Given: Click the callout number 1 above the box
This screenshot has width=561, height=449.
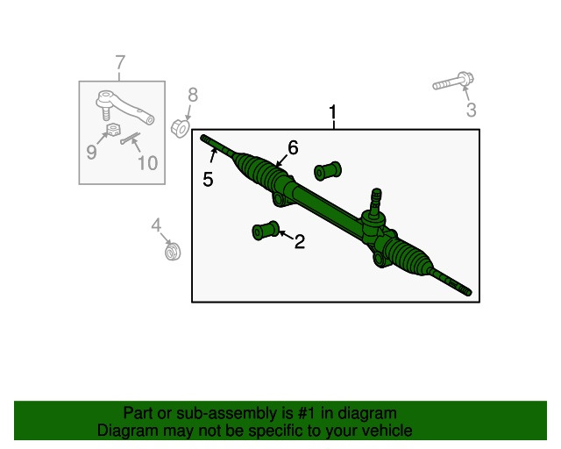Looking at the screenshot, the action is click(333, 112).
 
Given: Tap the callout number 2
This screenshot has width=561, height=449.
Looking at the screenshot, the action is click(300, 241).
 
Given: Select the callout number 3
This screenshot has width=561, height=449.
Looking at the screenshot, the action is click(472, 110).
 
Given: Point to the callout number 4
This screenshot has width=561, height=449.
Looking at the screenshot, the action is click(156, 225).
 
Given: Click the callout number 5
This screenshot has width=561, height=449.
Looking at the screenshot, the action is click(208, 179).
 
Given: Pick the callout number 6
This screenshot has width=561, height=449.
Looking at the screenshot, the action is click(293, 147).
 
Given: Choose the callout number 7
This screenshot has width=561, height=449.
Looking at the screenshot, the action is click(121, 62).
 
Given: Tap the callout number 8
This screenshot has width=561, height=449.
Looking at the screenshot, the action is click(193, 95).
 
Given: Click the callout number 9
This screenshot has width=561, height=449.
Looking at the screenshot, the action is click(91, 152).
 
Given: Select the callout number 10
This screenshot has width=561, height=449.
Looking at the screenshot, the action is click(147, 163).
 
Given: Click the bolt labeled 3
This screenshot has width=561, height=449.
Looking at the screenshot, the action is click(453, 82).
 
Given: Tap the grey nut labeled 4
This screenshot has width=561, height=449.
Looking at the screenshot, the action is click(173, 251).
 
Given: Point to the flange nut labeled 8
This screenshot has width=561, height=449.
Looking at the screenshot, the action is click(181, 128).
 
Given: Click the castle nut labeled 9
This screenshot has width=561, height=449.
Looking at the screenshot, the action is click(113, 129).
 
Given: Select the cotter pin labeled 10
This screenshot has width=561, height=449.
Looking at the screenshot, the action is click(131, 139).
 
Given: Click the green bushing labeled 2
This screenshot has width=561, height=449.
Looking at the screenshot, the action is click(266, 231).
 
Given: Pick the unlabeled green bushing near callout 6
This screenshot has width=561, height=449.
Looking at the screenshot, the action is click(328, 171).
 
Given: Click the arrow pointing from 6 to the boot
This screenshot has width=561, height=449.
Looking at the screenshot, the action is click(282, 160).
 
